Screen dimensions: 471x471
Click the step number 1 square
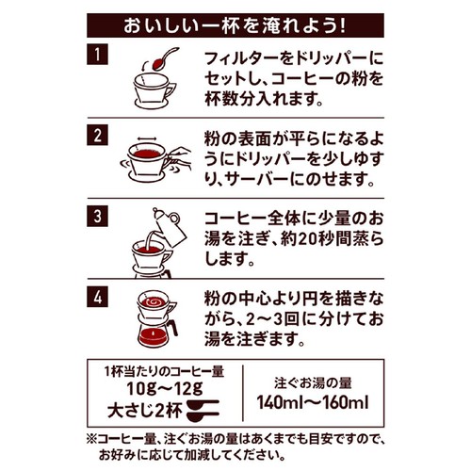coord(97,55)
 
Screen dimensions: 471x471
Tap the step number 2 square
coord(97,135)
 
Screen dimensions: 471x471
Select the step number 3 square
coord(97,216)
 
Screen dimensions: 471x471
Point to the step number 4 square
coord(97,297)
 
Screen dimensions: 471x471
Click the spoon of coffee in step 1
coord(165,59)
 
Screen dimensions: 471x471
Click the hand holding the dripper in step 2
coord(180,159)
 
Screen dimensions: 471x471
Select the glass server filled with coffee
coord(156,333)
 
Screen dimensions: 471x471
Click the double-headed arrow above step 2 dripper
coord(147,139)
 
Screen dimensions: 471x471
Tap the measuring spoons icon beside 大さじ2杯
coord(203,410)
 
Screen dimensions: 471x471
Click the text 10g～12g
coord(165,389)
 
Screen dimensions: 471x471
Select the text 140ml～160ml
coord(313,402)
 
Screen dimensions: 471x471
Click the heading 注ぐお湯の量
coord(313,382)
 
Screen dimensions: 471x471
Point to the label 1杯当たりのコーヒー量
coord(165,372)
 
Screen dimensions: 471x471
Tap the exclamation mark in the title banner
coord(342,25)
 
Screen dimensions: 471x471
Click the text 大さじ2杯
coord(145,411)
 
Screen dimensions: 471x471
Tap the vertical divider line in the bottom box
coord(243,393)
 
